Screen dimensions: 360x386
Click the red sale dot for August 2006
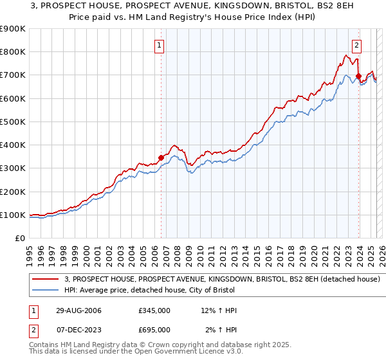click(x=161, y=157)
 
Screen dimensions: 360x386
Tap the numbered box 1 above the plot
click(x=159, y=45)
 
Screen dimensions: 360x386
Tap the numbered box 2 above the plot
click(x=356, y=45)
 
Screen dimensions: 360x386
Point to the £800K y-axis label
click(x=12, y=52)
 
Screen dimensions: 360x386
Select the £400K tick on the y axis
click(x=12, y=145)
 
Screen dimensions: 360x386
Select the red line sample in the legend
click(x=45, y=279)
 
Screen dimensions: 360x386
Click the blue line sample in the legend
click(x=45, y=290)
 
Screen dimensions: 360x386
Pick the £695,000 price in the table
click(x=154, y=329)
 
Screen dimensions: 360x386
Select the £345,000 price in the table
click(x=154, y=310)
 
